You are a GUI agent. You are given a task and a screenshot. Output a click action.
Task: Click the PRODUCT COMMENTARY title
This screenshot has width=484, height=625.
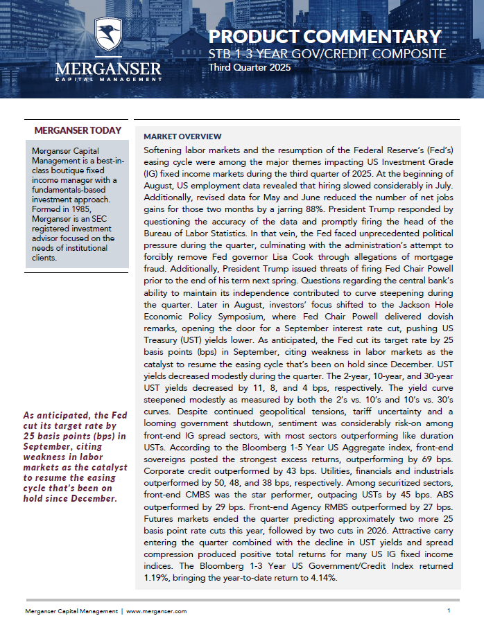pyautogui.click(x=325, y=36)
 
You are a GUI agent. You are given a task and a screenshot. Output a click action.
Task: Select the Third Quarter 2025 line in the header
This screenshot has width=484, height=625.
pyautogui.click(x=250, y=68)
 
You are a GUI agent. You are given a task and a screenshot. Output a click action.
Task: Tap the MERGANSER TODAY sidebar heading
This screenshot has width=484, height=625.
pyautogui.click(x=78, y=130)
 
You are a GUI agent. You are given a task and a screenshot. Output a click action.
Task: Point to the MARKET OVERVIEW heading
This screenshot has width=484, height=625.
pyautogui.click(x=182, y=137)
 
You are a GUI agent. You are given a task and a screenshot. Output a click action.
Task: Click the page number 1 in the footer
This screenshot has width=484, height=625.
pyautogui.click(x=449, y=610)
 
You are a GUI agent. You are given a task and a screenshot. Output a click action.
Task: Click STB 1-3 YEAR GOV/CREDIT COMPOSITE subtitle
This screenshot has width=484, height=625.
pyautogui.click(x=327, y=54)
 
